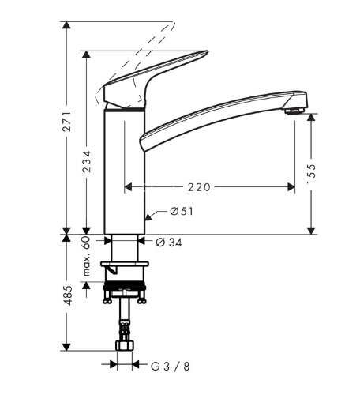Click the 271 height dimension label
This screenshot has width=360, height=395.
67,122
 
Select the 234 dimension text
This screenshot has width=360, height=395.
87,161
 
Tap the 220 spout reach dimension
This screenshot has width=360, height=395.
199,187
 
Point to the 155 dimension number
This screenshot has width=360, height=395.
311,174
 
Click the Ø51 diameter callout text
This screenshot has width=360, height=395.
182,211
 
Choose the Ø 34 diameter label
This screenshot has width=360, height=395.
169,243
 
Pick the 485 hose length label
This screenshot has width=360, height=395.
68,295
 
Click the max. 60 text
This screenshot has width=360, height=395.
87,256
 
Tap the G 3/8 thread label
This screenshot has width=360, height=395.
171,367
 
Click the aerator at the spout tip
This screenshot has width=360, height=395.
295,111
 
